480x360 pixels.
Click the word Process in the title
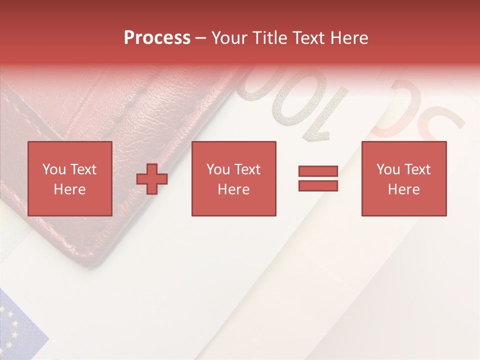(157, 38)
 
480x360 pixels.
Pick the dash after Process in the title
(201, 38)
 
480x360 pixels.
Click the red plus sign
(152, 179)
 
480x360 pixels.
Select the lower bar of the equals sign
(318, 186)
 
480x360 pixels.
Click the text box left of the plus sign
(70, 178)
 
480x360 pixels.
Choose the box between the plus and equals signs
(234, 178)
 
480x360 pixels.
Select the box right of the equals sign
(404, 178)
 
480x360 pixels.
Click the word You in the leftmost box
(54, 169)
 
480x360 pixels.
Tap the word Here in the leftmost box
(70, 189)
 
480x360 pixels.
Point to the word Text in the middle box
(248, 169)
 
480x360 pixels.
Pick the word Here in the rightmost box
(404, 189)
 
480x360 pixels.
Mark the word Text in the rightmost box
(418, 169)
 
